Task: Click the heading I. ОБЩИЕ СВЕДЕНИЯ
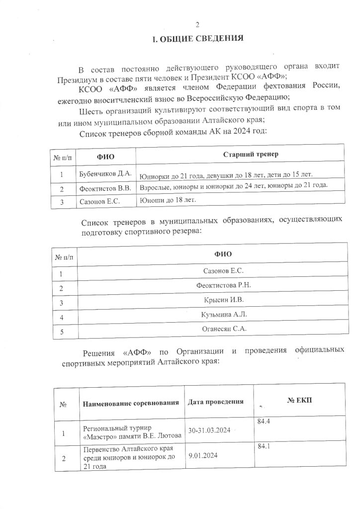point(197,39)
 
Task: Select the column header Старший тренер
point(251,155)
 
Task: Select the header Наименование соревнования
point(131,402)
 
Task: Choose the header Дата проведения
point(216,402)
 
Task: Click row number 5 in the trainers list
point(61,332)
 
